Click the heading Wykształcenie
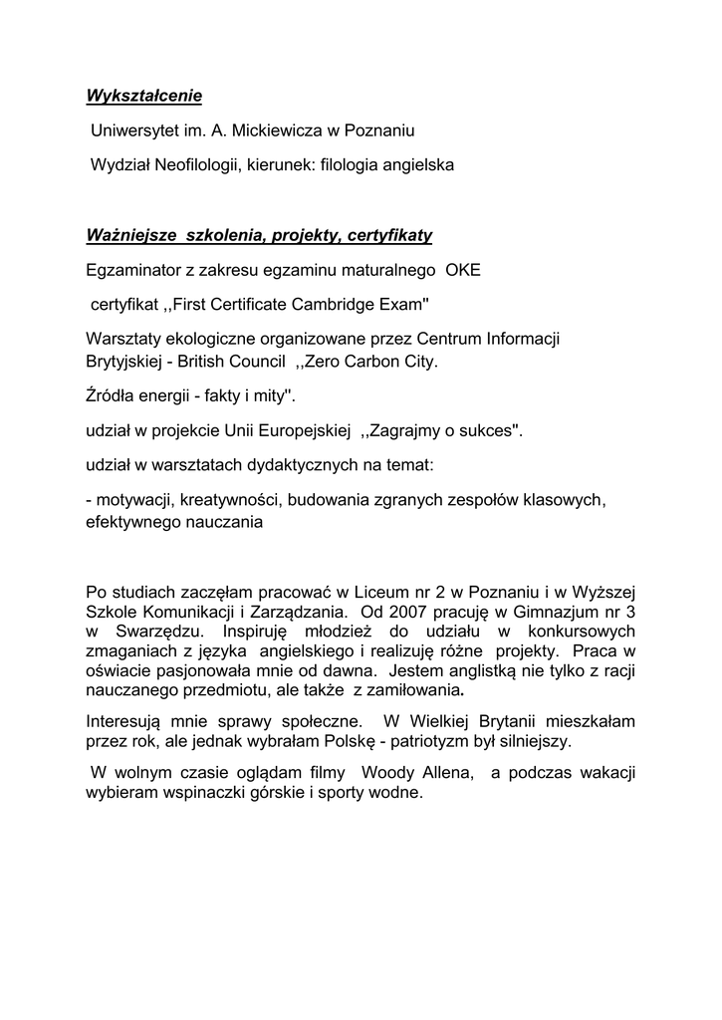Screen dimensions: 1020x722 point(143,97)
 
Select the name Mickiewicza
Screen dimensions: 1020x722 point(277,130)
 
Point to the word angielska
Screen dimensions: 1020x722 point(418,164)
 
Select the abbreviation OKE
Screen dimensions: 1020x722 point(462,269)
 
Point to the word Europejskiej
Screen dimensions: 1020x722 point(305,430)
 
